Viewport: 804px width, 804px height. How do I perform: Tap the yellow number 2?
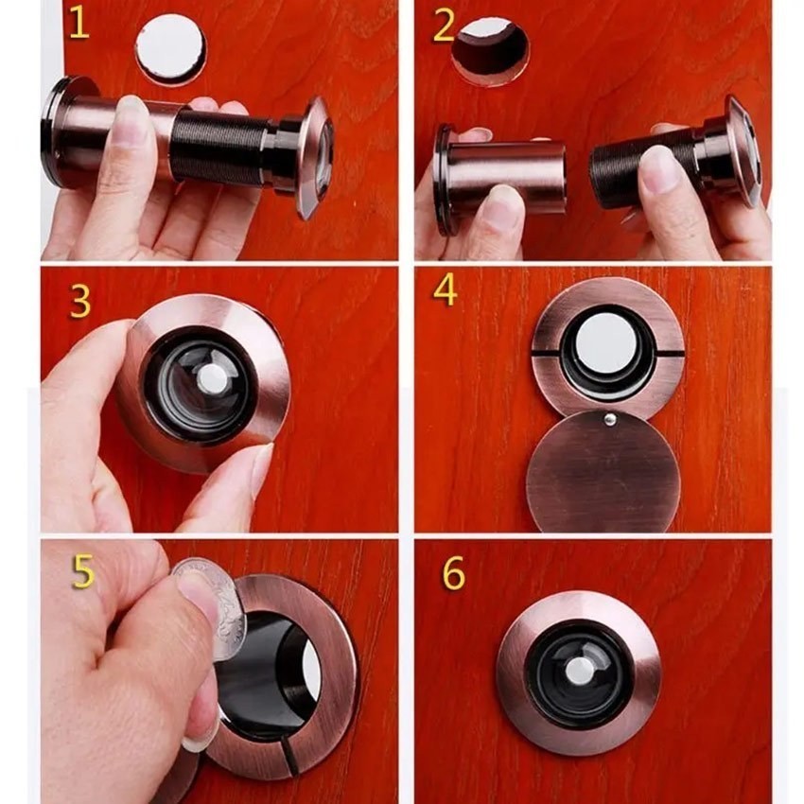[x=444, y=26]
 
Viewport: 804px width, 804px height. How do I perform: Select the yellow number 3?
[x=80, y=301]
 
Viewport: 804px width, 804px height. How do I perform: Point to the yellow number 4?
[x=446, y=290]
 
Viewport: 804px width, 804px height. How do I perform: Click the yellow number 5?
[x=83, y=571]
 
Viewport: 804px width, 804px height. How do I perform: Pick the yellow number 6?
[x=454, y=573]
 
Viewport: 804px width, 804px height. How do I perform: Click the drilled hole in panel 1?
[x=171, y=49]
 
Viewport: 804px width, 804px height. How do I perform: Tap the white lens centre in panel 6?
[x=581, y=671]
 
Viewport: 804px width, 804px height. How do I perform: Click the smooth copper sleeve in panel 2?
[x=507, y=178]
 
